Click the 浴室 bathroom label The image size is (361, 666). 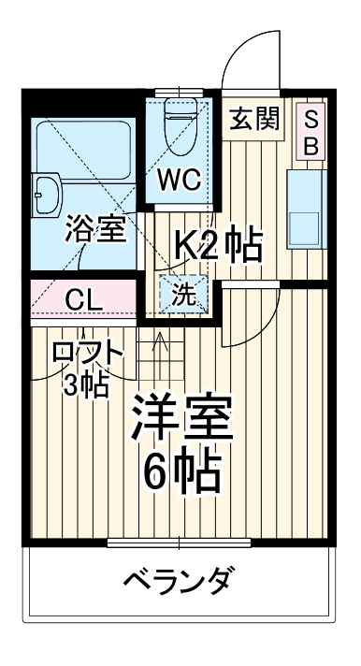tap(94, 230)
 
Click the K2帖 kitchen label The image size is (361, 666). tap(220, 247)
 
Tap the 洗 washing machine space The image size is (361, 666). tap(184, 297)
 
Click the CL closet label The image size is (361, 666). tap(83, 300)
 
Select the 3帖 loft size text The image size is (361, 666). tap(84, 383)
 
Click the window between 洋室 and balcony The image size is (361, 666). tap(179, 542)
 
